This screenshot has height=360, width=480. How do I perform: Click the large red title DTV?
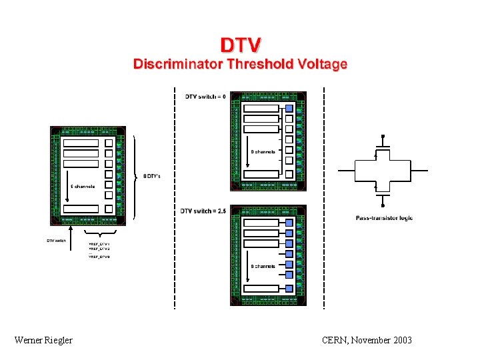pyautogui.click(x=241, y=45)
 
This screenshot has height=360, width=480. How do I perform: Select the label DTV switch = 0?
pyautogui.click(x=205, y=97)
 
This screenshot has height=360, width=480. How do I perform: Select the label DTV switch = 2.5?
pyautogui.click(x=203, y=211)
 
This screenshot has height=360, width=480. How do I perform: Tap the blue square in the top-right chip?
pyautogui.click(x=289, y=109)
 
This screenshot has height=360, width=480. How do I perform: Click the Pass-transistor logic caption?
pyautogui.click(x=384, y=218)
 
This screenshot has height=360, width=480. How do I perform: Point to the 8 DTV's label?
pyautogui.click(x=151, y=176)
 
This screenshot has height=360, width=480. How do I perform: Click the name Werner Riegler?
pyautogui.click(x=43, y=341)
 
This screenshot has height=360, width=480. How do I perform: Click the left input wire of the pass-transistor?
pyautogui.click(x=347, y=171)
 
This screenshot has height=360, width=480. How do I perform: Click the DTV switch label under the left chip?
pyautogui.click(x=56, y=241)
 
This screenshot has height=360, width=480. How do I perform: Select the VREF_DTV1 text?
pyautogui.click(x=99, y=245)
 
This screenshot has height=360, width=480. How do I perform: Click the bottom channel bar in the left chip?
pyautogui.click(x=81, y=209)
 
